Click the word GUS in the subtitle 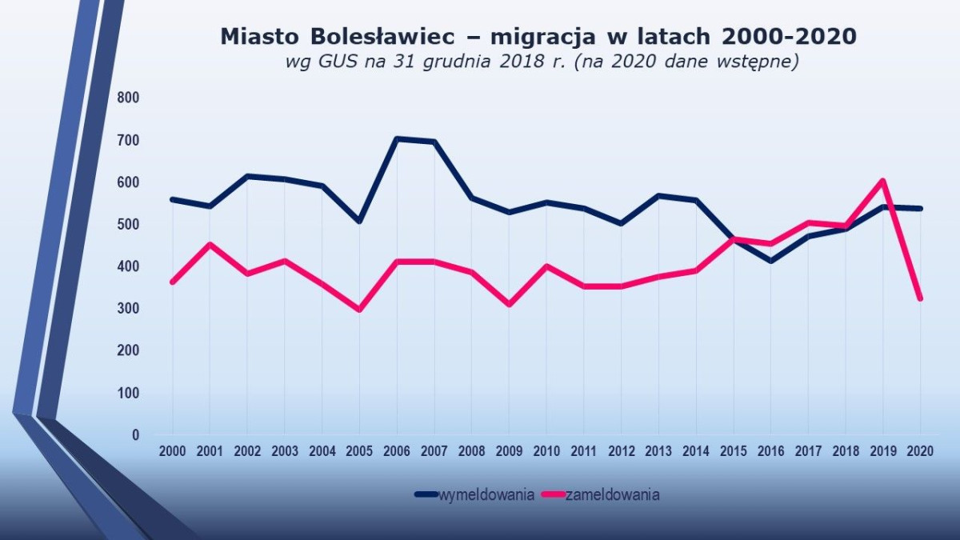coord(329,63)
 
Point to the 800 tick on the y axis coord(129,98)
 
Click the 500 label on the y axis coord(129,224)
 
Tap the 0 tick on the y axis coord(135,435)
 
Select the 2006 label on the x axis coord(397,451)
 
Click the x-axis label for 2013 coord(658,451)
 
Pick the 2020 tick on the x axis coord(921,451)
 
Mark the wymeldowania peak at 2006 coord(397,138)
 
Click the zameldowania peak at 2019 coord(883,181)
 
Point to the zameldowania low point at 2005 coord(359,310)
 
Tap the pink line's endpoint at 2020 coord(921,298)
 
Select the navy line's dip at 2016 coord(770,261)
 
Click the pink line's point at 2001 coord(210,244)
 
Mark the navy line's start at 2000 coord(172,199)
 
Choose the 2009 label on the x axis coord(509,451)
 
